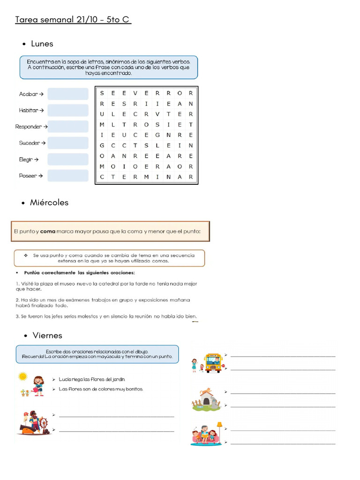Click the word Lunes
click(x=42, y=44)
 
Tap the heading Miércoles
click(x=49, y=202)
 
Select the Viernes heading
click(x=47, y=335)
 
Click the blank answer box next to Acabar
click(x=67, y=94)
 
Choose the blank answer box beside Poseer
click(x=67, y=176)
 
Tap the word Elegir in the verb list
click(x=27, y=159)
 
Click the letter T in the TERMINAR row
click(x=113, y=177)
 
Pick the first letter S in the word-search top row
click(x=102, y=93)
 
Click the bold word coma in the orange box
click(x=47, y=231)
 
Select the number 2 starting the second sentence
click(x=17, y=300)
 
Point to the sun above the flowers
click(x=22, y=376)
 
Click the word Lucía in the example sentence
click(x=65, y=379)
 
